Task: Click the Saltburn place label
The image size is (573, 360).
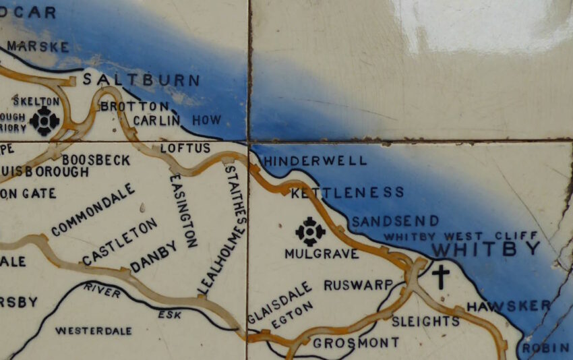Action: [x=141, y=81]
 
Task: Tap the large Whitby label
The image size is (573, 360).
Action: [x=485, y=249]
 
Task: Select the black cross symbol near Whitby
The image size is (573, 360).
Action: [x=440, y=276]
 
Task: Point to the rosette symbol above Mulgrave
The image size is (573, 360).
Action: [x=310, y=231]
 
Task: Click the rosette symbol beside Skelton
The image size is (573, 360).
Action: [x=45, y=120]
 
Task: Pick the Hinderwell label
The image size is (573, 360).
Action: [x=315, y=161]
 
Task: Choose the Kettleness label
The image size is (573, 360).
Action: [x=347, y=193]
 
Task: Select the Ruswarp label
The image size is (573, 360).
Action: [x=357, y=285]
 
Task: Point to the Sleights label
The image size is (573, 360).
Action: [x=425, y=321]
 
